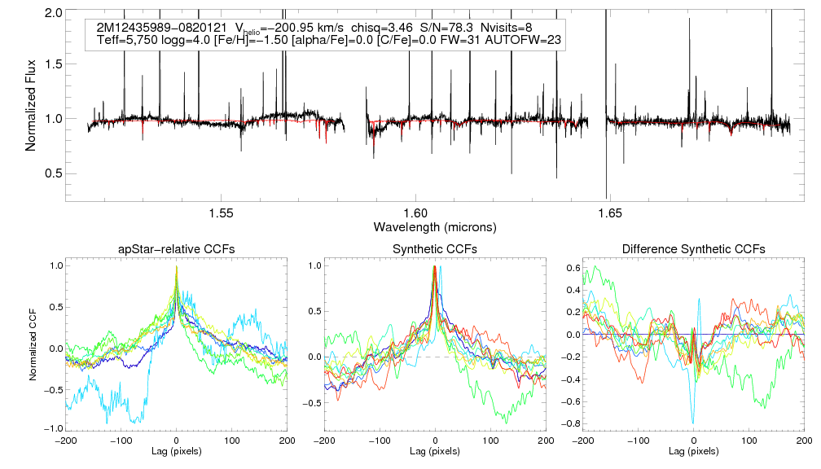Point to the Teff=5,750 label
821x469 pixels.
pyautogui.click(x=130, y=41)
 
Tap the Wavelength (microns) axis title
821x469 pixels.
pyautogui.click(x=435, y=226)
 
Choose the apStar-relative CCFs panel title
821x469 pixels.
pyautogui.click(x=176, y=249)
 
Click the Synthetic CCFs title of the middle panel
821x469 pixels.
pyautogui.click(x=435, y=249)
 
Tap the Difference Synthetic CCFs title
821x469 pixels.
pyautogui.click(x=693, y=249)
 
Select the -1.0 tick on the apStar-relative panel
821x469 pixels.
pyautogui.click(x=52, y=428)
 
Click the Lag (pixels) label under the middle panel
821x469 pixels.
pyautogui.click(x=435, y=450)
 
